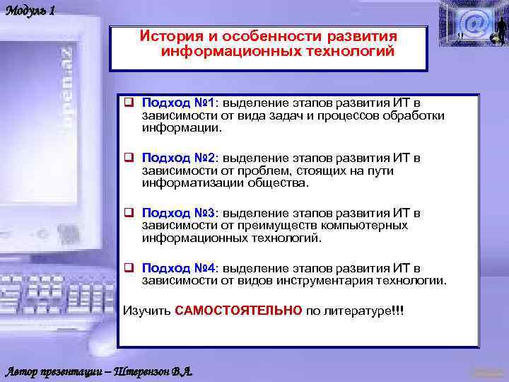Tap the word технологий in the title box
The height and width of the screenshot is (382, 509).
346,51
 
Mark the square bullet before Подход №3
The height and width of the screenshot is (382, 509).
129,213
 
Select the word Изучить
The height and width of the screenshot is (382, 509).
147,311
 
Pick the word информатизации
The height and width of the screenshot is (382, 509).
186,183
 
